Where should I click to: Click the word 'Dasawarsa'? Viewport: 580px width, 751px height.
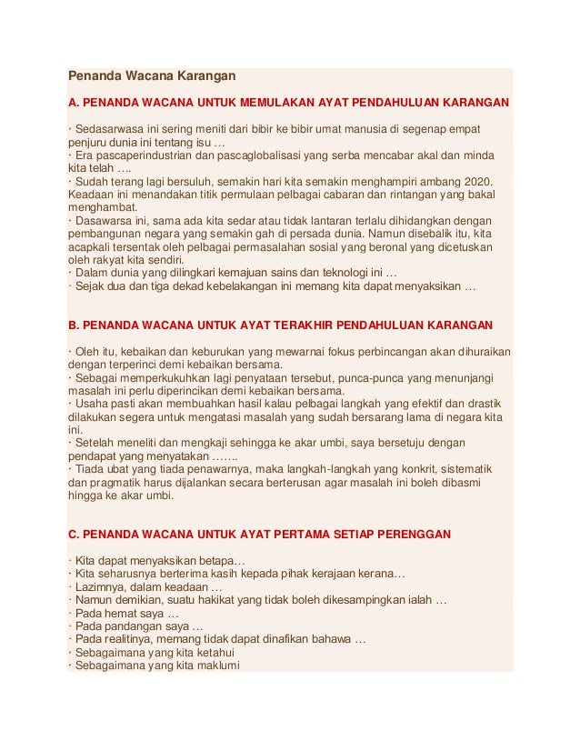[x=105, y=220]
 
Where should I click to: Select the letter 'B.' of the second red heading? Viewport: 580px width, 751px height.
[x=75, y=325]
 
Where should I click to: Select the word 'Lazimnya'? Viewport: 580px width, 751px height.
[x=102, y=587]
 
